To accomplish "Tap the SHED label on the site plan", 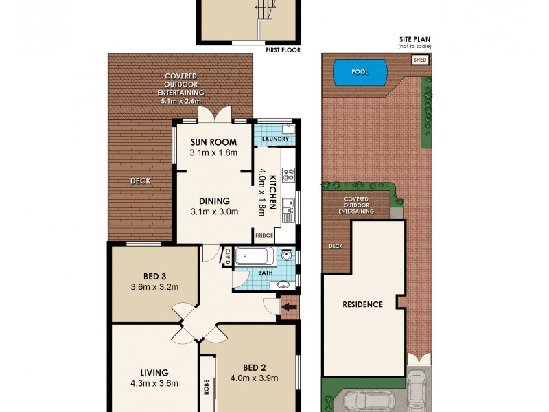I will tap(419, 60).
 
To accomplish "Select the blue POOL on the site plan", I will tap(358, 72).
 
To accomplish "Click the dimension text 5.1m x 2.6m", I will tap(180, 101).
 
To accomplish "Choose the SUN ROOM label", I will tap(213, 143).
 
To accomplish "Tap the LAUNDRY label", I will tap(274, 139).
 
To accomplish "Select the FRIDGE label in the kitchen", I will tap(264, 236).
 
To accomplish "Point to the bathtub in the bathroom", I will tap(255, 257).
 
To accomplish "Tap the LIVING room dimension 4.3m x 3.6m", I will tap(154, 383).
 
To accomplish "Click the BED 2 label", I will tap(256, 366).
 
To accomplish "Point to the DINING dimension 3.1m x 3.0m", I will tap(214, 211).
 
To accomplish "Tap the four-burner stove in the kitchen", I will tap(288, 175).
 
